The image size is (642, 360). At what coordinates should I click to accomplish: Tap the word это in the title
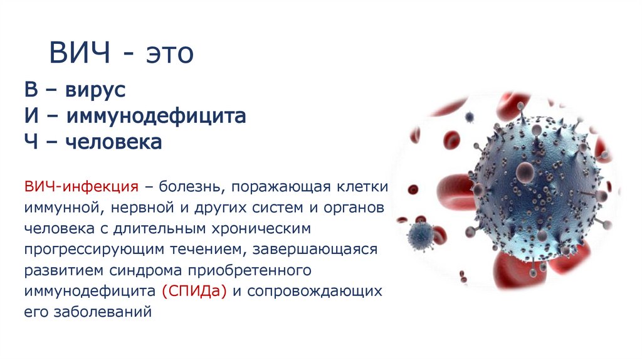[x=170, y=54]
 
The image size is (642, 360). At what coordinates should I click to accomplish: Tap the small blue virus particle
[x=420, y=235]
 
